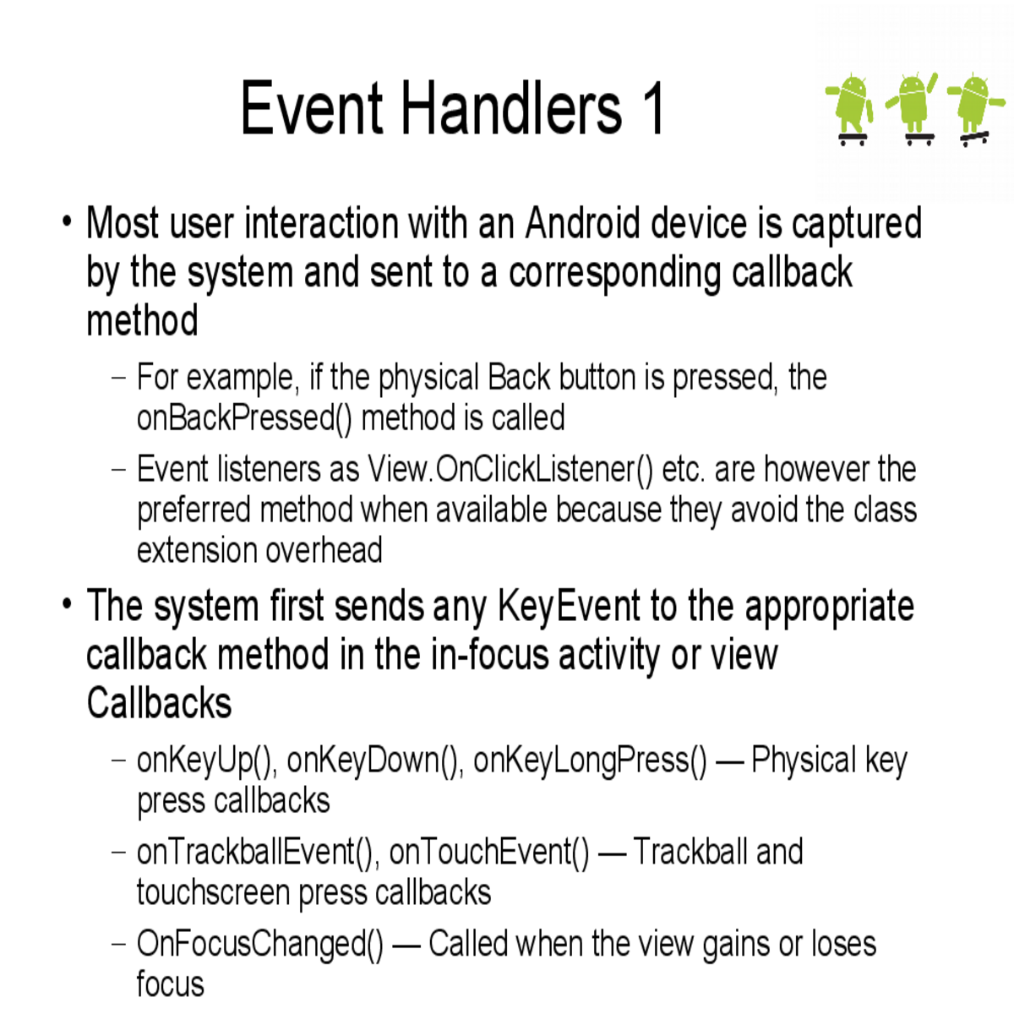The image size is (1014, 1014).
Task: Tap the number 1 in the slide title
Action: (653, 108)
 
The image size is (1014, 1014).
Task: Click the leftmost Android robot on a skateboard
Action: (852, 108)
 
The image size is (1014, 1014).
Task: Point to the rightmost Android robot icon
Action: (974, 108)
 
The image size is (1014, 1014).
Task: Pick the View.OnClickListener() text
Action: (510, 469)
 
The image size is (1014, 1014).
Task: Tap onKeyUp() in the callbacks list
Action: (206, 760)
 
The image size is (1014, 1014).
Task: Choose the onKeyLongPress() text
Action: (590, 760)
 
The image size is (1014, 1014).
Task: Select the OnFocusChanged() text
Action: (260, 945)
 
